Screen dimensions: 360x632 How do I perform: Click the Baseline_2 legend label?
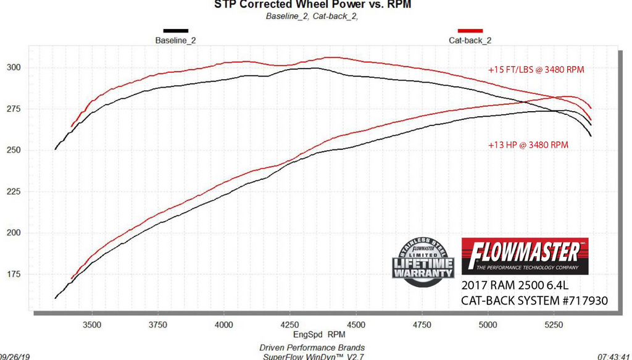coord(176,40)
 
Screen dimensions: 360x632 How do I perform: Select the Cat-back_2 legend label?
coord(470,40)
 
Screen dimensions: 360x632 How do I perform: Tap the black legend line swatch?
coord(176,30)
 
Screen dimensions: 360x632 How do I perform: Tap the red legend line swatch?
coord(470,30)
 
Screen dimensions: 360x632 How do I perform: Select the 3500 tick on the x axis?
coord(92,324)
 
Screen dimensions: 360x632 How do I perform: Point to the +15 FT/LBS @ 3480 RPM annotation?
coord(536,70)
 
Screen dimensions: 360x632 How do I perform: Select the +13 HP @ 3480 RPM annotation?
coord(528,145)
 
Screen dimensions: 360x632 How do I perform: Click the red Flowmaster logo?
coord(525,256)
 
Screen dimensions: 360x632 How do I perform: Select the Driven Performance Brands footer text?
coord(312,348)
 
